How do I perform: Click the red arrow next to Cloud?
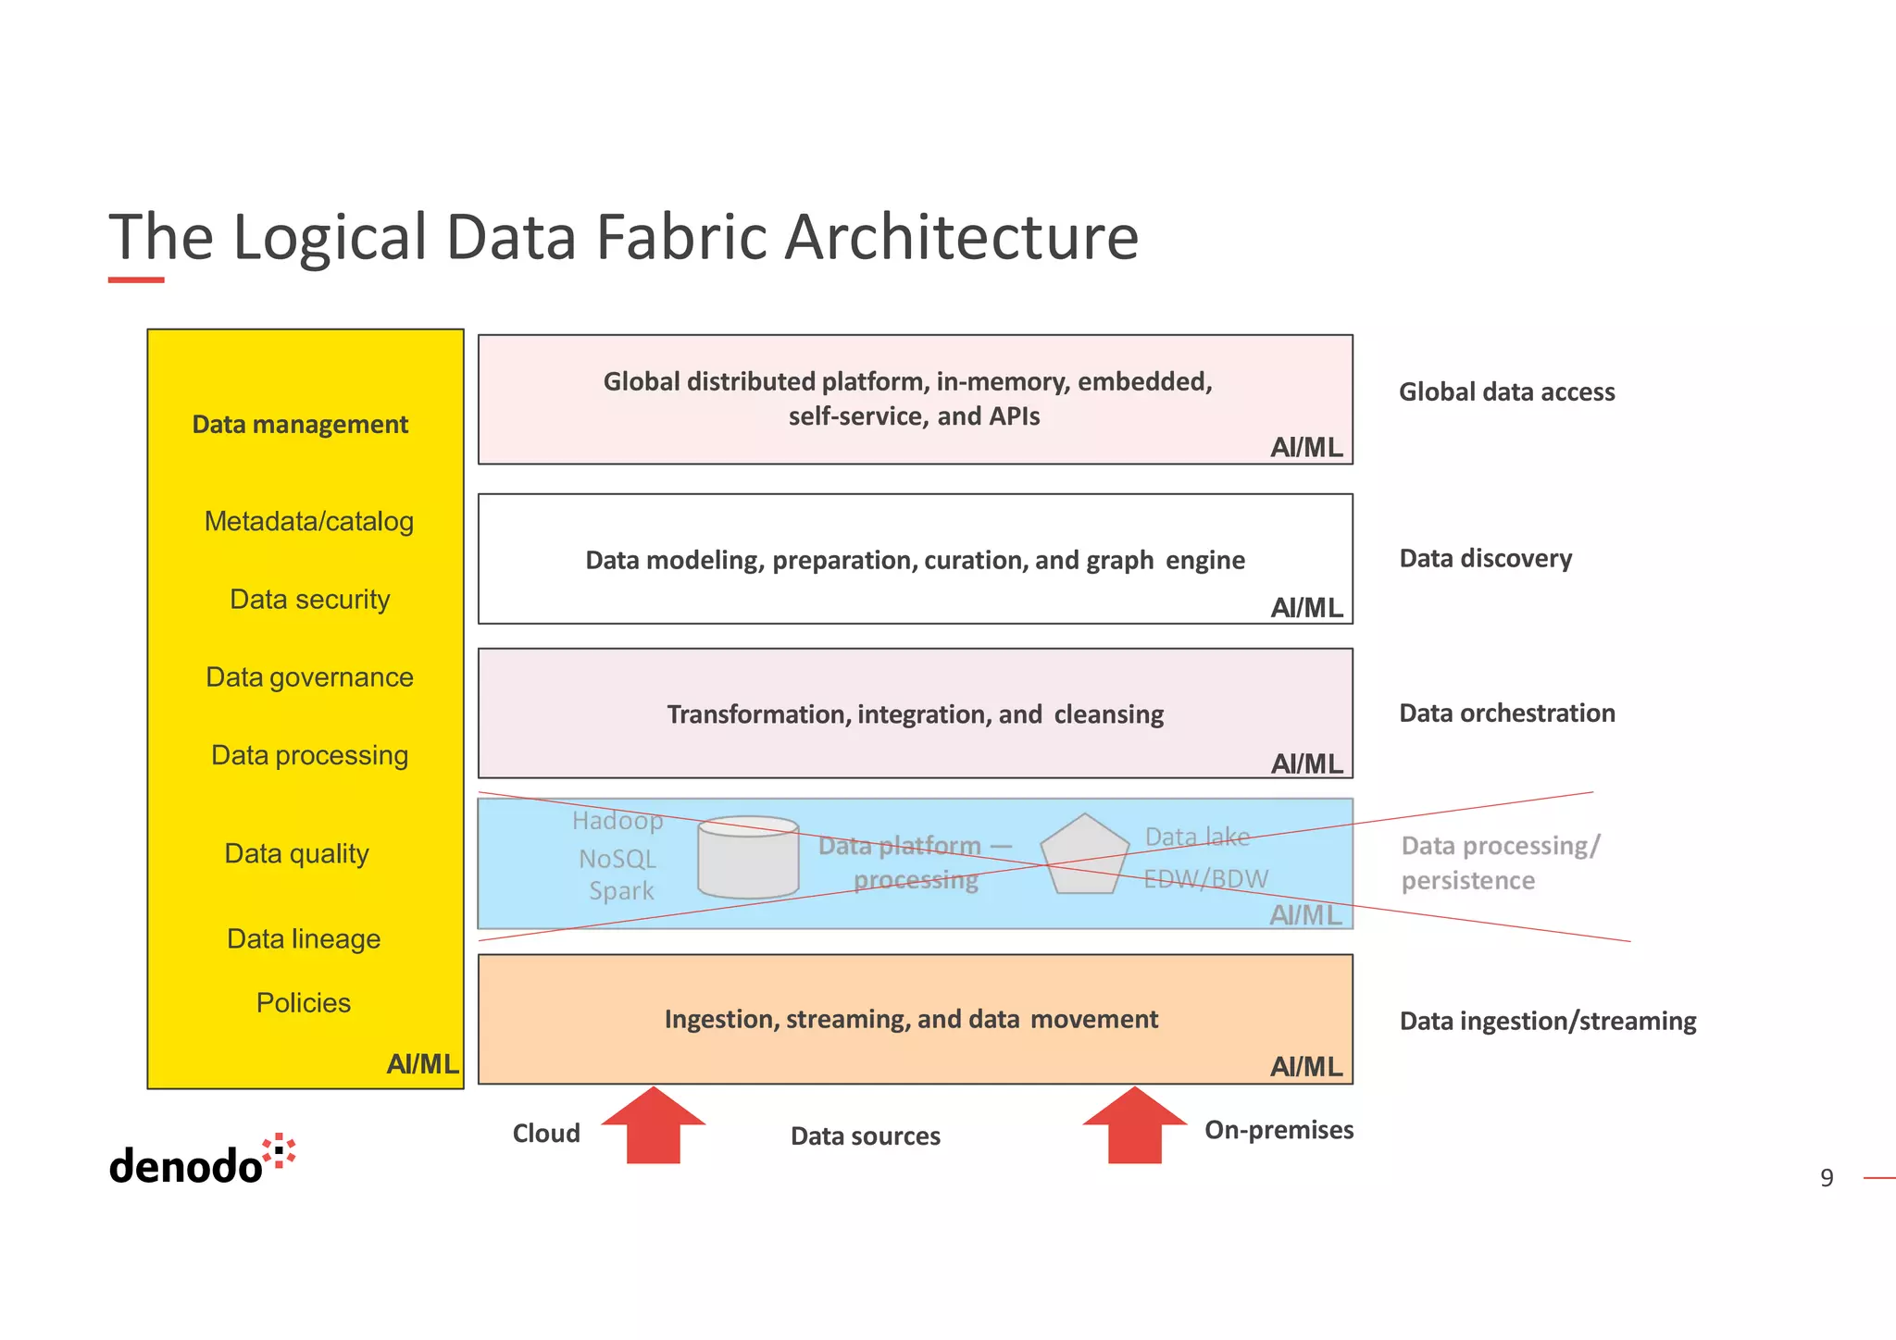(654, 1127)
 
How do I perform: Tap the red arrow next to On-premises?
(1134, 1127)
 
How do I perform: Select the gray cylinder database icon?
(748, 857)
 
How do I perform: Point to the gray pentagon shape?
(1084, 856)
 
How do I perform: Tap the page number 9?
(1826, 1178)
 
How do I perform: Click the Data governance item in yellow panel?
(309, 677)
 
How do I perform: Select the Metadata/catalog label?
(309, 522)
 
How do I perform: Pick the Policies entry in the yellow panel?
(304, 1003)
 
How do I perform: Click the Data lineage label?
(304, 939)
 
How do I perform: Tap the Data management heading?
(300, 425)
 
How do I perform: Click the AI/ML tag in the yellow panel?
(422, 1064)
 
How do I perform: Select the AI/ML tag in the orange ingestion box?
(1306, 1067)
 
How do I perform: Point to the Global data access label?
(1506, 392)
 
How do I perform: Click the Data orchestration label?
(1506, 713)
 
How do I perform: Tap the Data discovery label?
(1485, 559)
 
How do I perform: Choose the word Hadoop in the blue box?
(617, 821)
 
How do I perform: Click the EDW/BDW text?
(1205, 879)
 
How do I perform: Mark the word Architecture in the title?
(961, 238)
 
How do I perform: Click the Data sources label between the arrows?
(865, 1136)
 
